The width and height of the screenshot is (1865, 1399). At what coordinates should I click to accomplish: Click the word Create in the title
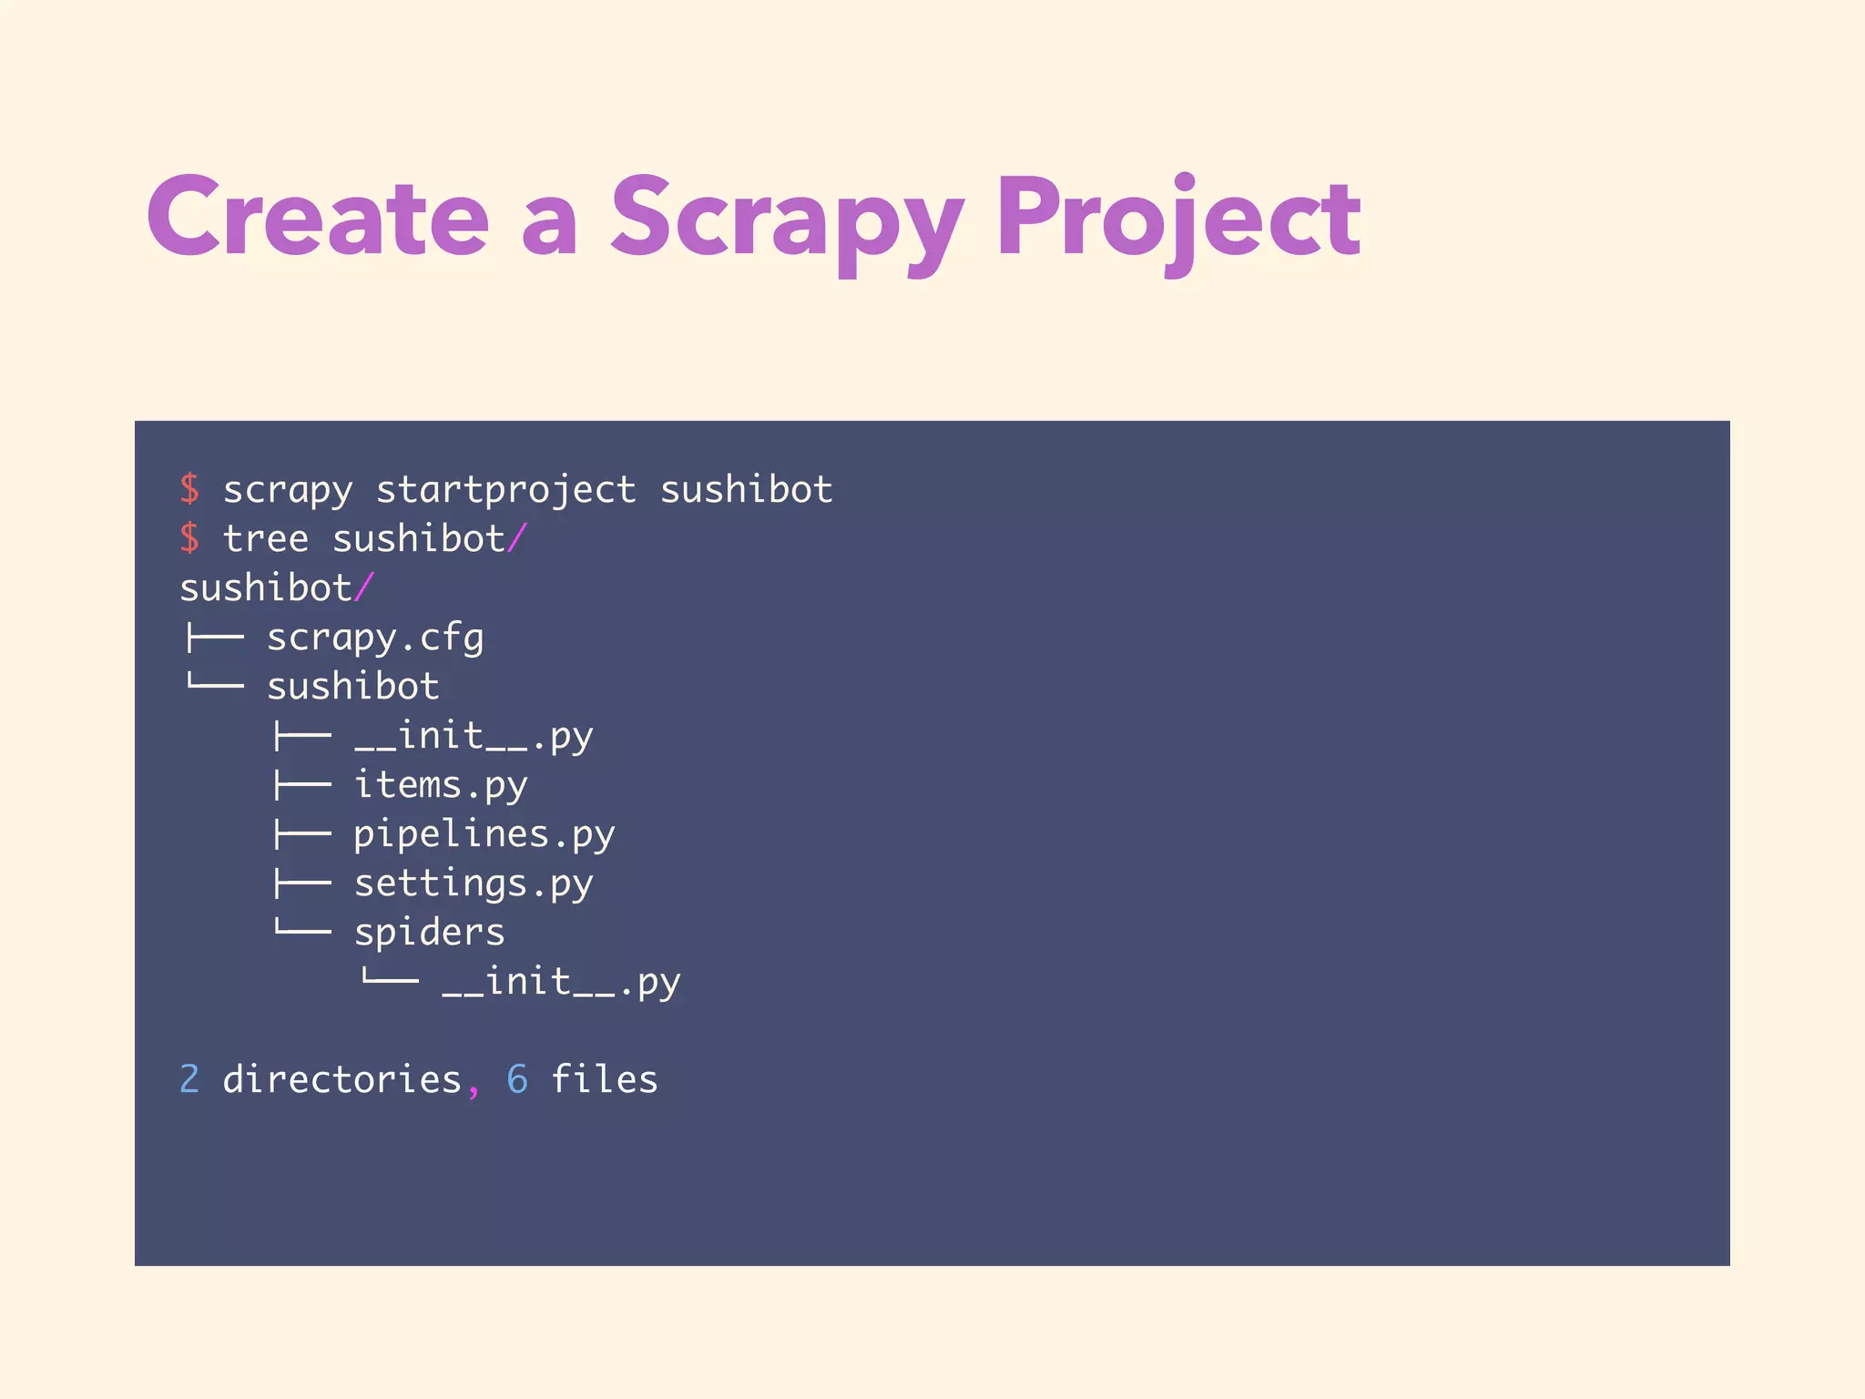[318, 218]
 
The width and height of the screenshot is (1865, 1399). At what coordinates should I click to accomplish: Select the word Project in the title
[1178, 220]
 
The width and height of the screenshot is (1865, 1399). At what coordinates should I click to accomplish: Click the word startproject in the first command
[505, 490]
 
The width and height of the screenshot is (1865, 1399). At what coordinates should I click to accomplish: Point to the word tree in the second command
[265, 539]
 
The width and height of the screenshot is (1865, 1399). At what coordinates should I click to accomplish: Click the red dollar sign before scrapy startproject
[189, 490]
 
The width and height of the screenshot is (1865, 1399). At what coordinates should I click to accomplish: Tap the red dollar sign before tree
[189, 538]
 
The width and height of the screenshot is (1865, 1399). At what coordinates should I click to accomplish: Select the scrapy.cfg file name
[374, 638]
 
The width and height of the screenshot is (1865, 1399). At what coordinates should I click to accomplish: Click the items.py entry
[440, 785]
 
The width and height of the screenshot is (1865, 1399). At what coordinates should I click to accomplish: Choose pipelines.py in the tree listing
[484, 834]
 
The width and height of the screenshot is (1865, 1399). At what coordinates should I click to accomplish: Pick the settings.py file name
[473, 883]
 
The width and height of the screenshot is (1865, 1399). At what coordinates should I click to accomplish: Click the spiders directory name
[429, 933]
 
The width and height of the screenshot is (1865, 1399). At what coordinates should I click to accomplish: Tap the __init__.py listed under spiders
[561, 982]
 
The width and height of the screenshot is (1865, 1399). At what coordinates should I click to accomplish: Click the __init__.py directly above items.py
[473, 736]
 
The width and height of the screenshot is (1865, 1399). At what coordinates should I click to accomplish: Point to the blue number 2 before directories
[189, 1079]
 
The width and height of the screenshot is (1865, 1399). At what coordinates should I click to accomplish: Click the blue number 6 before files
[516, 1079]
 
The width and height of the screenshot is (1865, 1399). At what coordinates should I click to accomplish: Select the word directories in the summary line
[341, 1079]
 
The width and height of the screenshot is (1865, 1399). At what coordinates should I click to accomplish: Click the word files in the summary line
[604, 1079]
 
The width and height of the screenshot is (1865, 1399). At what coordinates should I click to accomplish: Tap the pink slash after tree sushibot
[517, 538]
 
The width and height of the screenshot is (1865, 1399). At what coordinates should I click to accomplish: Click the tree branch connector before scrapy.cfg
[214, 638]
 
